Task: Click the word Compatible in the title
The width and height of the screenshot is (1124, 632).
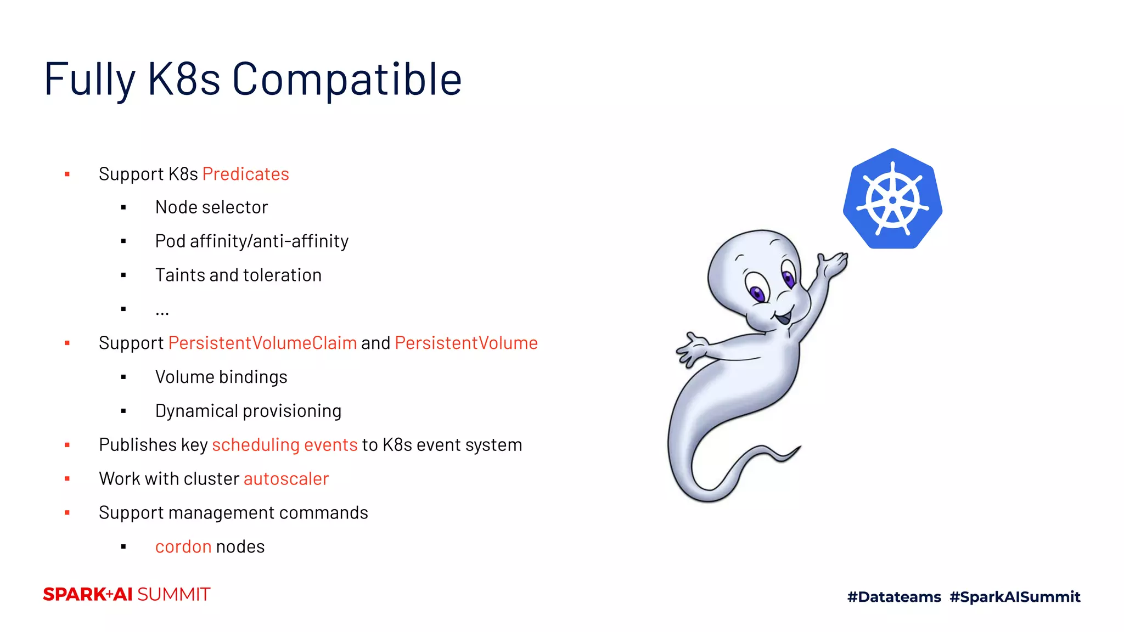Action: click(x=347, y=80)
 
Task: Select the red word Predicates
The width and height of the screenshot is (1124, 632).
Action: click(x=245, y=174)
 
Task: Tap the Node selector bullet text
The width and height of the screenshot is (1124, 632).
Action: click(x=211, y=207)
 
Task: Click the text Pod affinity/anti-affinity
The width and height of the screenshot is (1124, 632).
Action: click(x=251, y=241)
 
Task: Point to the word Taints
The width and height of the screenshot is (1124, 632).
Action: click(x=179, y=275)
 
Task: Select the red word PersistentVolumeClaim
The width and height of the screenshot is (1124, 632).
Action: click(x=262, y=343)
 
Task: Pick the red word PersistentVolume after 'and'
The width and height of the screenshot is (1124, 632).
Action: click(x=466, y=343)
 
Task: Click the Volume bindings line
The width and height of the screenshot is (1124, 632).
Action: click(x=221, y=377)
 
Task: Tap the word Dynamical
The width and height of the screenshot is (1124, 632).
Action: click(x=196, y=411)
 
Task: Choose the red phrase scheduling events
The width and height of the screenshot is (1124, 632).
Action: click(x=284, y=445)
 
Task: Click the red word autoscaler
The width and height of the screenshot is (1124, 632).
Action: click(x=286, y=479)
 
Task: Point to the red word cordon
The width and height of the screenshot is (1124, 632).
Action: click(x=183, y=547)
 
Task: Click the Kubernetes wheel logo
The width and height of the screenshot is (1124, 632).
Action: click(x=893, y=199)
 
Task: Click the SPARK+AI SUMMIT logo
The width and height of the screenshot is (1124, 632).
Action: click(x=127, y=595)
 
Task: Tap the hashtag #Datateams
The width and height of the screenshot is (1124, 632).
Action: click(x=894, y=597)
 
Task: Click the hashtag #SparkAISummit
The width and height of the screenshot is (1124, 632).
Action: click(x=1015, y=597)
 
